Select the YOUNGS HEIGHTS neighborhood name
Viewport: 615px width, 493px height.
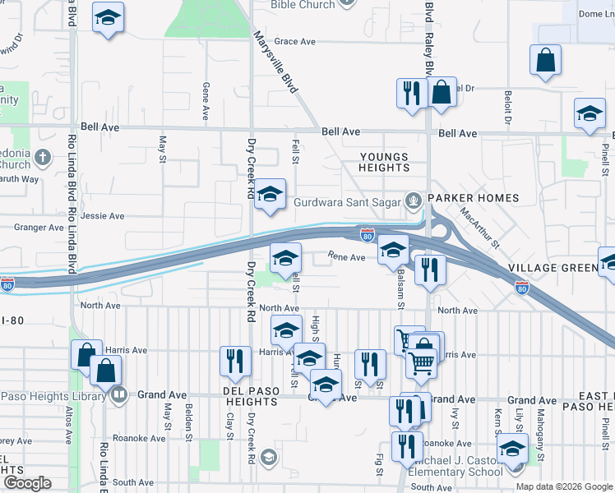[384, 162]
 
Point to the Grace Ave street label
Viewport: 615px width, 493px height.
[295, 41]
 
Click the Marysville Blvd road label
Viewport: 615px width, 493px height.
[275, 62]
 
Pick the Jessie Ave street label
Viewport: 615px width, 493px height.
[102, 216]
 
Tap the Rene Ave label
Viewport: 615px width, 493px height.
[346, 257]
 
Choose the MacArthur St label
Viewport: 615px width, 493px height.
[480, 228]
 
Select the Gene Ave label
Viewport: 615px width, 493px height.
[205, 102]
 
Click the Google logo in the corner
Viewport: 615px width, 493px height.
[28, 483]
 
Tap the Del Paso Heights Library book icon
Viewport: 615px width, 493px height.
[119, 396]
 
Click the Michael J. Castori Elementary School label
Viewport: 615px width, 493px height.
[461, 465]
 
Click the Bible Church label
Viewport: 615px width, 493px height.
[304, 5]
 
